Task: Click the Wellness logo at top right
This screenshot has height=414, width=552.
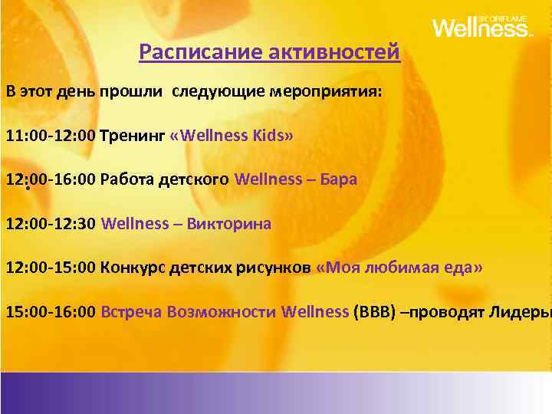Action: point(481,27)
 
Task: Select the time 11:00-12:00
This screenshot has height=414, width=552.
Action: point(51,136)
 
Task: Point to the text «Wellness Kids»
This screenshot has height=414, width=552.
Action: point(231,136)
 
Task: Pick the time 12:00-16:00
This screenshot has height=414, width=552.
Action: point(51,179)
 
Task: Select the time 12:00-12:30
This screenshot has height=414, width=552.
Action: point(51,224)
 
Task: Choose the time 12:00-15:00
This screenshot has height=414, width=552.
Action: point(51,268)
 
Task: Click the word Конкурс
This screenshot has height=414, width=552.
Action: point(133,268)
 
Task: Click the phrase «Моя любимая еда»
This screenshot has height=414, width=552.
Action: point(399,268)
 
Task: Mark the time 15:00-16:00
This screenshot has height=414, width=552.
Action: point(51,312)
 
